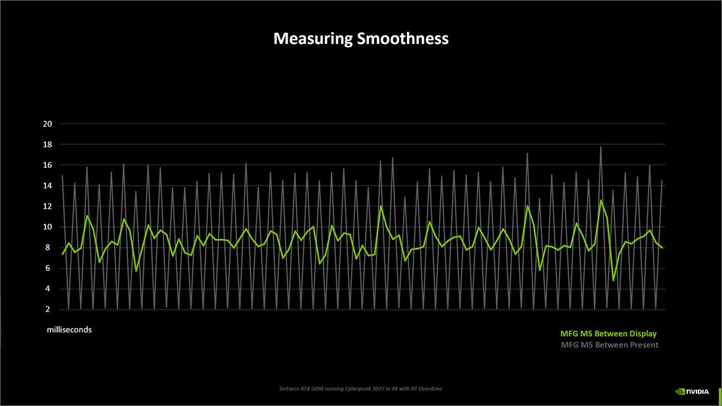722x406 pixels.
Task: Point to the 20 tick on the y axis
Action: [x=47, y=124]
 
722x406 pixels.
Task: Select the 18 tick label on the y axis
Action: [x=47, y=144]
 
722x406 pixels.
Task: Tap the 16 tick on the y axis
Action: [x=47, y=165]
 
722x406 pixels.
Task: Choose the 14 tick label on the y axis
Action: [x=47, y=186]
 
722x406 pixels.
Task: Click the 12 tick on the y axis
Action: [x=47, y=206]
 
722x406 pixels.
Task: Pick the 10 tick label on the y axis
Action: [x=47, y=227]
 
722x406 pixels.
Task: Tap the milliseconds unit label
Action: [x=69, y=330]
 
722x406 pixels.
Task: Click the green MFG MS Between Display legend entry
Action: [x=608, y=334]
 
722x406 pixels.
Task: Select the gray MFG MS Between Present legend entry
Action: [x=610, y=345]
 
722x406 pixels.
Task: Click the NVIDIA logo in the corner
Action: [x=692, y=392]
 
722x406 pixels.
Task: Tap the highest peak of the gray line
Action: [x=601, y=147]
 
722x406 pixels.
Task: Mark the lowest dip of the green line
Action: [x=614, y=280]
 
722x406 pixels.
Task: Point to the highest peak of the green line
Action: [x=601, y=201]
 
